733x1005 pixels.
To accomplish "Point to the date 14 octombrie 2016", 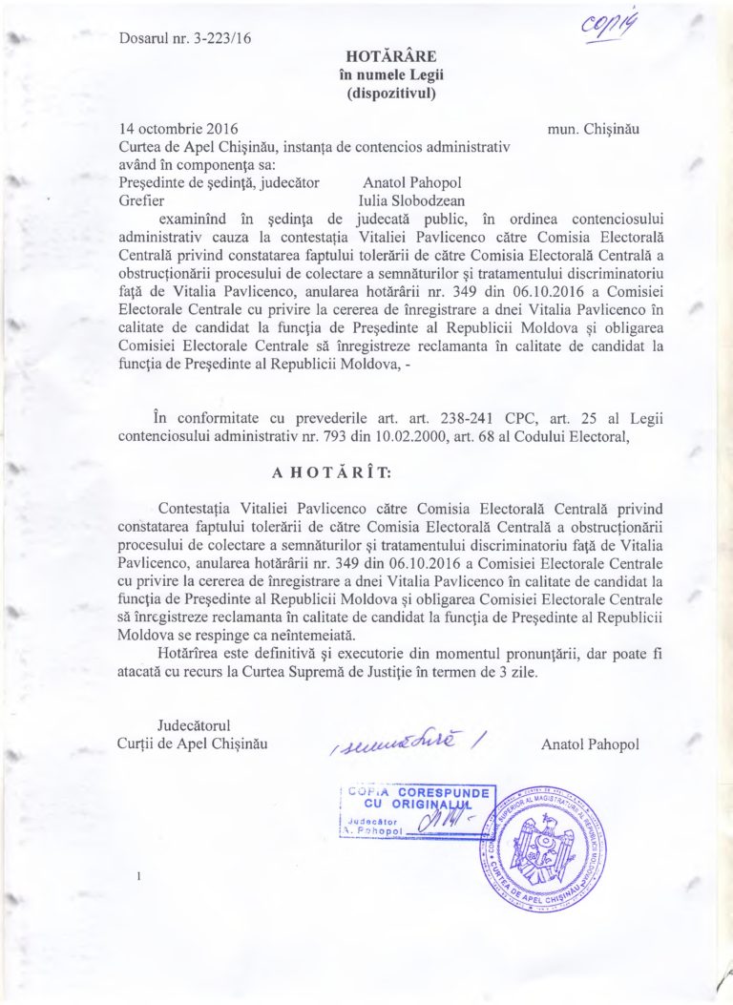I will pyautogui.click(x=179, y=128).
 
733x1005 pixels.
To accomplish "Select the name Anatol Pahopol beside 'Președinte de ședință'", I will pyautogui.click(x=410, y=183).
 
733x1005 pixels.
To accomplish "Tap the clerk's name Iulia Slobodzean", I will pyautogui.click(x=412, y=201).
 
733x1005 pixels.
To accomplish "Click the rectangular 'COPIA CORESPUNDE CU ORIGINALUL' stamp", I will pyautogui.click(x=418, y=812).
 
